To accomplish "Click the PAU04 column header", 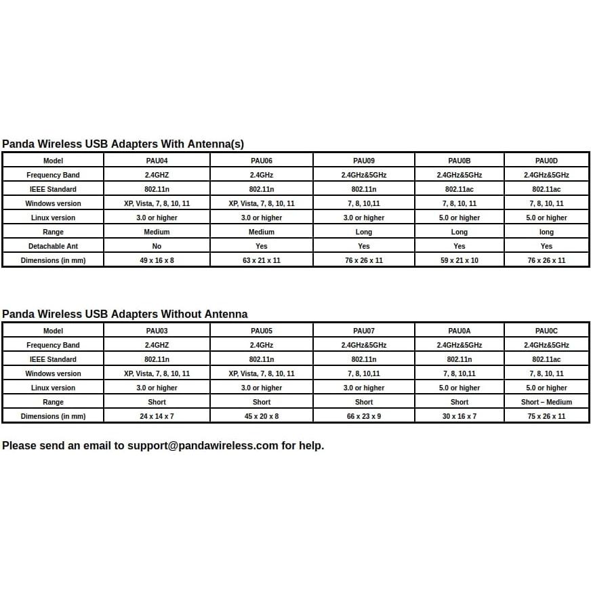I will [x=157, y=161].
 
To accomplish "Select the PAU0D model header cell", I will [x=546, y=161].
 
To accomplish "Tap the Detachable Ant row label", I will [x=53, y=246].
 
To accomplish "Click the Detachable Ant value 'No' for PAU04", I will [x=157, y=246].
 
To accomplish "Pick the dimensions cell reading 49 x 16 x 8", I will [x=157, y=260].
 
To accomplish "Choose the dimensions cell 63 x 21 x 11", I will [x=262, y=260].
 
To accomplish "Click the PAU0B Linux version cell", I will [x=459, y=218].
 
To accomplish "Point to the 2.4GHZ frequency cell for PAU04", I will [x=157, y=175].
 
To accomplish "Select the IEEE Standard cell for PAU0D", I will [x=546, y=189].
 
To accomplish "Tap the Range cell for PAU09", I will [x=363, y=232].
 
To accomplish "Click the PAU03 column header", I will [x=157, y=331].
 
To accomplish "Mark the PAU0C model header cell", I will [x=546, y=331].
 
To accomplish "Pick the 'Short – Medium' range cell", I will [x=546, y=402].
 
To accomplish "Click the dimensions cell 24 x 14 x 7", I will [x=157, y=416].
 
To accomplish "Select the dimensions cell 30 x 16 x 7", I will [x=459, y=416].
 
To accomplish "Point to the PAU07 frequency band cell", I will [x=363, y=345].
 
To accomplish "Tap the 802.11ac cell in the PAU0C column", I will [x=546, y=359].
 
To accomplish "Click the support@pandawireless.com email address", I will [x=203, y=445].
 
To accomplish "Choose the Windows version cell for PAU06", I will [x=262, y=203].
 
